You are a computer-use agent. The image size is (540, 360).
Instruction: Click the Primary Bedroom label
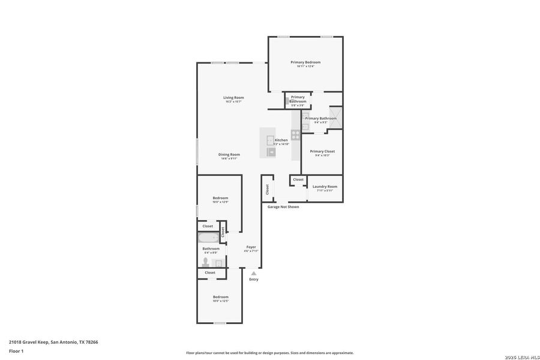tap(305, 62)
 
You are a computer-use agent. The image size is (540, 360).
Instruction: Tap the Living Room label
tap(233, 97)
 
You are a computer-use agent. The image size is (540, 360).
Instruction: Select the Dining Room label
tap(229, 154)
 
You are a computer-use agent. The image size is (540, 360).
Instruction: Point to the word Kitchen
tap(281, 140)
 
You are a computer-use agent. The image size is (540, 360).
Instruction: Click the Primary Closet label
tap(322, 151)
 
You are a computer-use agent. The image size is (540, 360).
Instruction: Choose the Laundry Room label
tap(325, 186)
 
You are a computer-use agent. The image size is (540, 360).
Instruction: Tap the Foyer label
tap(251, 247)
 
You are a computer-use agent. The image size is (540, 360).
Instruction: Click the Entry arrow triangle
tap(254, 273)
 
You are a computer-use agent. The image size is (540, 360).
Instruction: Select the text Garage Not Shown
tap(283, 206)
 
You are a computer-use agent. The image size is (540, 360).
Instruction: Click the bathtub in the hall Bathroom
tap(209, 238)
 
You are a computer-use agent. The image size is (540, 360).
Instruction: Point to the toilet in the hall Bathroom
tap(206, 262)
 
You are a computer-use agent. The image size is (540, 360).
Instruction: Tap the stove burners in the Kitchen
tap(296, 134)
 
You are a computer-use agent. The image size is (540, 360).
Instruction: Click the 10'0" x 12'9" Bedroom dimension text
tap(220, 202)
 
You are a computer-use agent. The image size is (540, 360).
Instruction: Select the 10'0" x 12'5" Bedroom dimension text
tap(220, 301)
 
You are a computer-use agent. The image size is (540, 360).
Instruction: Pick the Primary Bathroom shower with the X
tap(335, 118)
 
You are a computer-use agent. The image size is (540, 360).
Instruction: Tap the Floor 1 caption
tap(16, 351)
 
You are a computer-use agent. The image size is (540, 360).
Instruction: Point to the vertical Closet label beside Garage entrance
tap(268, 189)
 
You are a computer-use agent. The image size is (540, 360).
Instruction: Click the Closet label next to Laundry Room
tap(298, 179)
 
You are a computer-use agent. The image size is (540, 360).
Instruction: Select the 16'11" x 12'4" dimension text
tap(305, 67)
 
